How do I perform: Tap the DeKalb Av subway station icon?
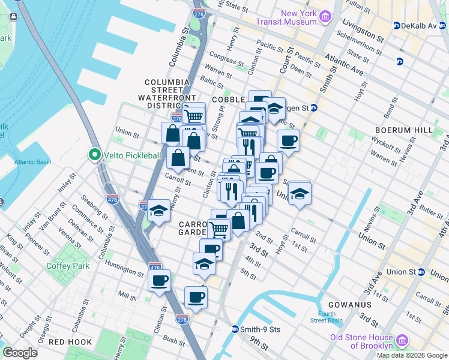point(397,26)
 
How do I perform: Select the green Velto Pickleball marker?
point(94,155)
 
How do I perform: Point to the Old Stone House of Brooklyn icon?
point(402,341)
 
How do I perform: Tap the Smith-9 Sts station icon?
point(236,329)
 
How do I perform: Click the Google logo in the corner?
point(20,353)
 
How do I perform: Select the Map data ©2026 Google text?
point(411,355)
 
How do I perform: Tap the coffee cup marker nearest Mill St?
point(159,280)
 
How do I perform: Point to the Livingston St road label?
point(363,29)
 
